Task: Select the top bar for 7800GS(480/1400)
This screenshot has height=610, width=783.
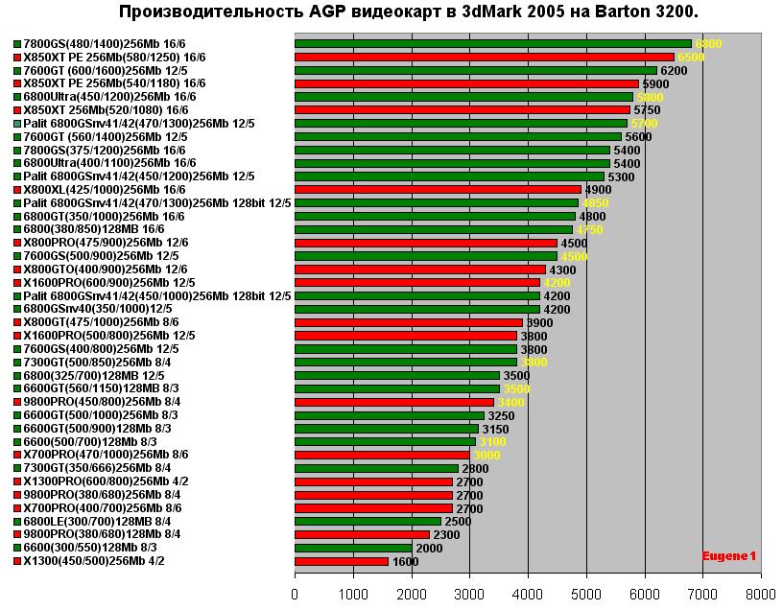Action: click(492, 44)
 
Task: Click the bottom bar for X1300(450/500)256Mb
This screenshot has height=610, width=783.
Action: click(342, 561)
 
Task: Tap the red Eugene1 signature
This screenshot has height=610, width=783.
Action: click(728, 555)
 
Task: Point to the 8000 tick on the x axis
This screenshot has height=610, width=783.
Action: click(761, 594)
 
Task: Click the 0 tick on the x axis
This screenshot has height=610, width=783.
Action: click(295, 594)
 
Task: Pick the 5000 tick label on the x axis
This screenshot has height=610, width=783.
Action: click(586, 594)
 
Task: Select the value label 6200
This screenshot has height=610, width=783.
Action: click(674, 71)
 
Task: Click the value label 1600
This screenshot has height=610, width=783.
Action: click(405, 561)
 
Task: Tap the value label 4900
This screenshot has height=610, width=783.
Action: click(598, 190)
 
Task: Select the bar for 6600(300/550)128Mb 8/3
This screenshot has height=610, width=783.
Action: click(353, 548)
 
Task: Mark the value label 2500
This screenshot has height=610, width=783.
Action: click(458, 521)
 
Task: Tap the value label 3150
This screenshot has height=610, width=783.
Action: click(495, 429)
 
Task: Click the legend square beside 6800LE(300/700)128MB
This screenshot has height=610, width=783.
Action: click(17, 521)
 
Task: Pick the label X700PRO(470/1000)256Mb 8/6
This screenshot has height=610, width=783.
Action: click(106, 455)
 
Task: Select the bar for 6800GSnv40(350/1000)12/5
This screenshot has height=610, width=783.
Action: click(416, 309)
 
